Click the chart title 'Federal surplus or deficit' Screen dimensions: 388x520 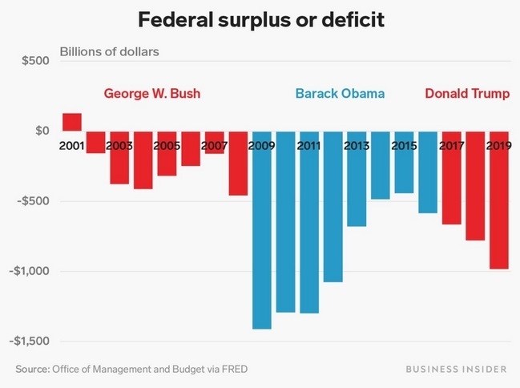[260, 18]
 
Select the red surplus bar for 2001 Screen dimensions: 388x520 [72, 122]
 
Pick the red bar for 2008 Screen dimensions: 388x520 [238, 164]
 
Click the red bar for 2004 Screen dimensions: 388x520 [143, 160]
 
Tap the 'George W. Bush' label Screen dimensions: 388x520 [152, 94]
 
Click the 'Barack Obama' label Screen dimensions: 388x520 [340, 94]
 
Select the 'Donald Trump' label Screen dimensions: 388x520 [467, 94]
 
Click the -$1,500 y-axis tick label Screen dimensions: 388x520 [30, 342]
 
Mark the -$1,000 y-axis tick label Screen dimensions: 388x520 [30, 271]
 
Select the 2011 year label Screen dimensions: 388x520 [309, 147]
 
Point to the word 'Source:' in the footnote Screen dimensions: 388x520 [32, 369]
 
